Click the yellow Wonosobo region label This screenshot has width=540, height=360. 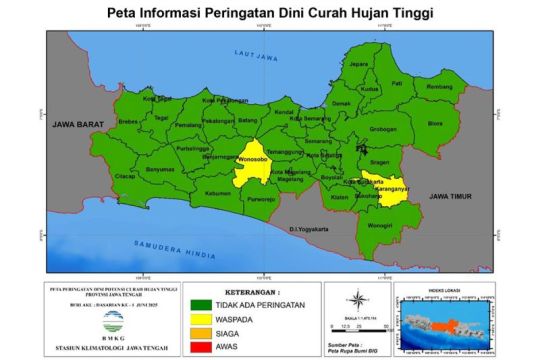point(252,159)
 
